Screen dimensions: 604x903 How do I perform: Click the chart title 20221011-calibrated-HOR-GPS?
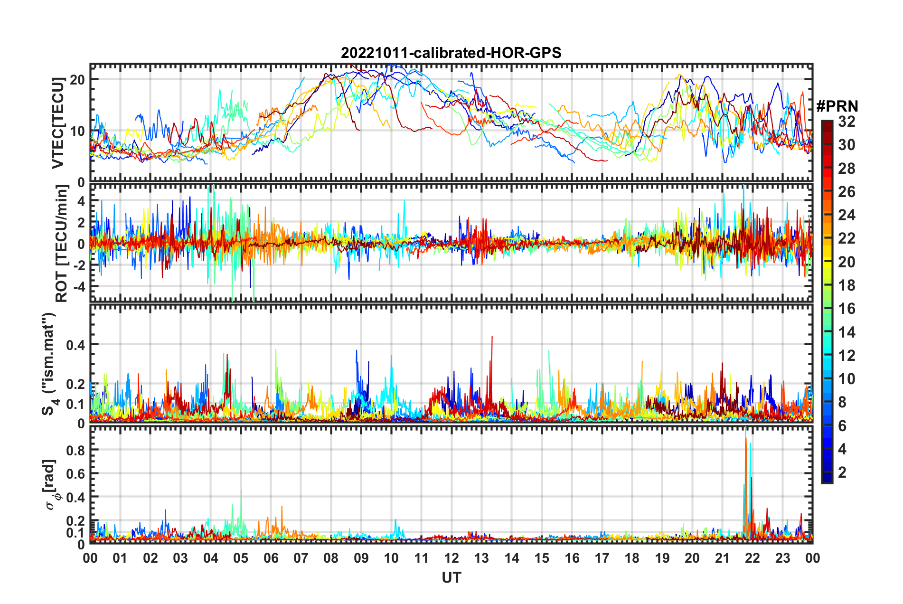click(451, 53)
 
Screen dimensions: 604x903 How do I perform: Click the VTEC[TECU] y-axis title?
click(58, 123)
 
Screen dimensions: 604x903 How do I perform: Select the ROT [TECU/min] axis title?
click(62, 244)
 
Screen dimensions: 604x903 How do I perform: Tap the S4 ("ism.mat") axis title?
click(49, 364)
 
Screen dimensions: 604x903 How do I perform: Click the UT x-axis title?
click(451, 577)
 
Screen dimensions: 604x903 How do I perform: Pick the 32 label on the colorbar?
click(847, 122)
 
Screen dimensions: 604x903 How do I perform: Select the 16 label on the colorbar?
click(847, 309)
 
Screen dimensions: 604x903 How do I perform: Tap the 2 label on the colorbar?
click(842, 472)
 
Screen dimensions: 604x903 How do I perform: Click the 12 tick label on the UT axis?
click(451, 558)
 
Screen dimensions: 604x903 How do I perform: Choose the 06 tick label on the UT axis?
click(271, 558)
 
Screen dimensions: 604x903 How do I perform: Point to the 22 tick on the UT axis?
click(752, 558)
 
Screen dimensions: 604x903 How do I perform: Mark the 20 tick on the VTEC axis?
click(77, 80)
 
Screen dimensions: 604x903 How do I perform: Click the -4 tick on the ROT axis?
click(77, 287)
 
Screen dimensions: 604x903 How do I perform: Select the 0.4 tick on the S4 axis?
click(75, 345)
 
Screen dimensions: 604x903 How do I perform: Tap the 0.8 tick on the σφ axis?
click(75, 450)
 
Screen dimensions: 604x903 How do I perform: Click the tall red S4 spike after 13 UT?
click(492, 337)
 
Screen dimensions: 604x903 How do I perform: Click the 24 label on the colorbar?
click(847, 216)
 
